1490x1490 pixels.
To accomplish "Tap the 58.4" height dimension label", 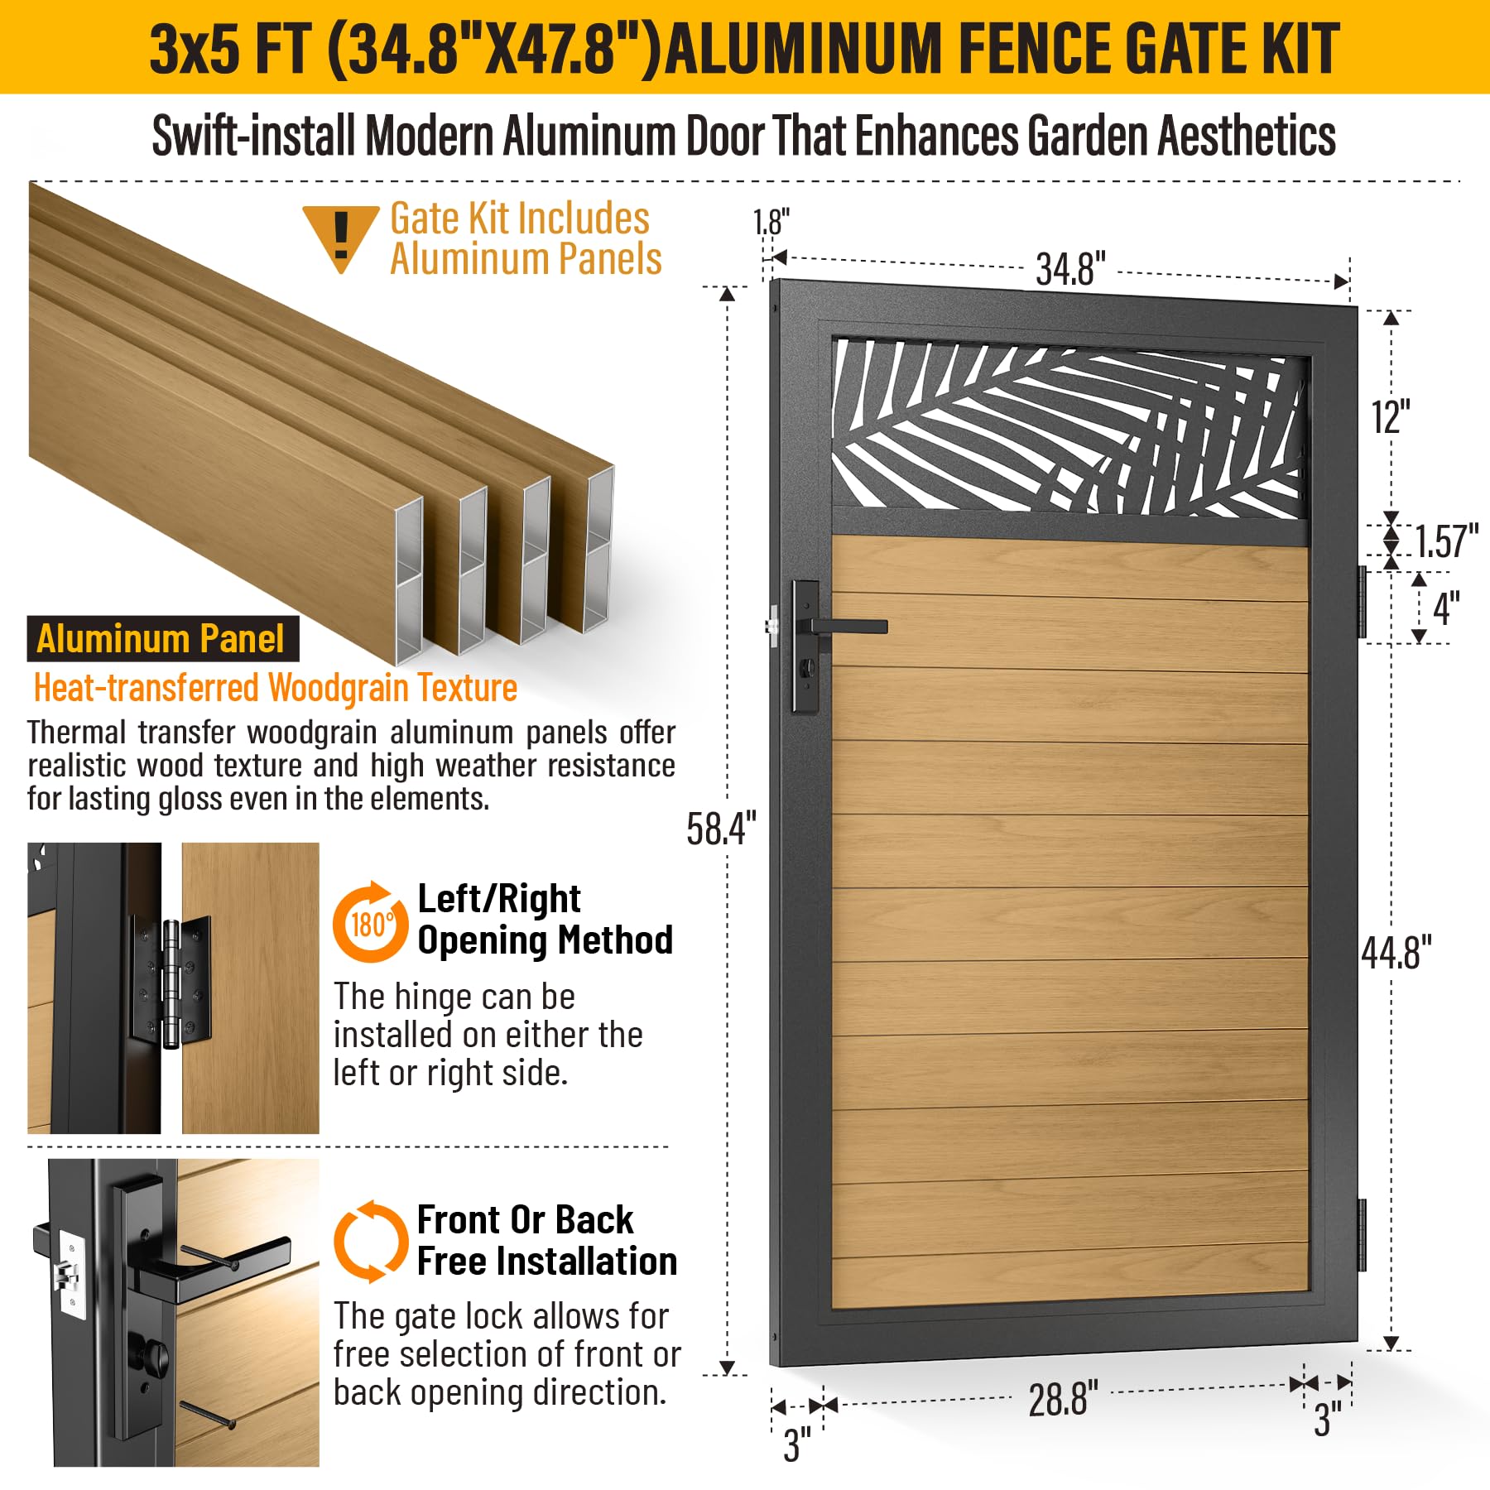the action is (x=721, y=829).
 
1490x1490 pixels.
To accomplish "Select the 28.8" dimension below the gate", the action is (x=1063, y=1400).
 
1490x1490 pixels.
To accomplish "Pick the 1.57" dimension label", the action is (x=1446, y=541).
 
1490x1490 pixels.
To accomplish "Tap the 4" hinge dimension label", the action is (x=1446, y=608).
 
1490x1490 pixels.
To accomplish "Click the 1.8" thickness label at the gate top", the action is (x=771, y=222).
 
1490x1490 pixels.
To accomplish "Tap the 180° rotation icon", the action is (x=370, y=922).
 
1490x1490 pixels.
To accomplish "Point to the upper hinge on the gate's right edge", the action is (x=1362, y=603).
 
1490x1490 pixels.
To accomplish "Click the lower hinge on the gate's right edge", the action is (x=1362, y=1234).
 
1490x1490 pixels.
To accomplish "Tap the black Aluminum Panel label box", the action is (x=163, y=638).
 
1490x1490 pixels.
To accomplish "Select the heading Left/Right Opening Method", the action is (x=545, y=920).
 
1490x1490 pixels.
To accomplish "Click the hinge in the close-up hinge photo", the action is (x=171, y=983).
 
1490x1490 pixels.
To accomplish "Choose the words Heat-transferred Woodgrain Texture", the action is (x=275, y=688).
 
